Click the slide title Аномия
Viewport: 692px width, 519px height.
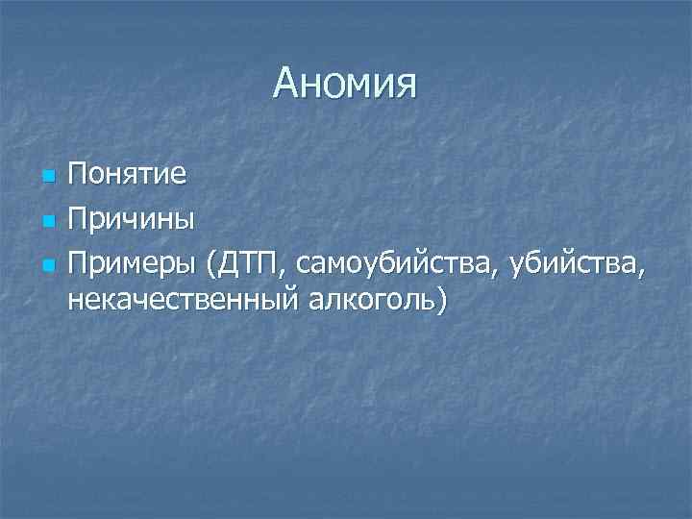pyautogui.click(x=345, y=84)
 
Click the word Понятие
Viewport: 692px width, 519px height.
pyautogui.click(x=128, y=177)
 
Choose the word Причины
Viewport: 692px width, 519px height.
pyautogui.click(x=131, y=219)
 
